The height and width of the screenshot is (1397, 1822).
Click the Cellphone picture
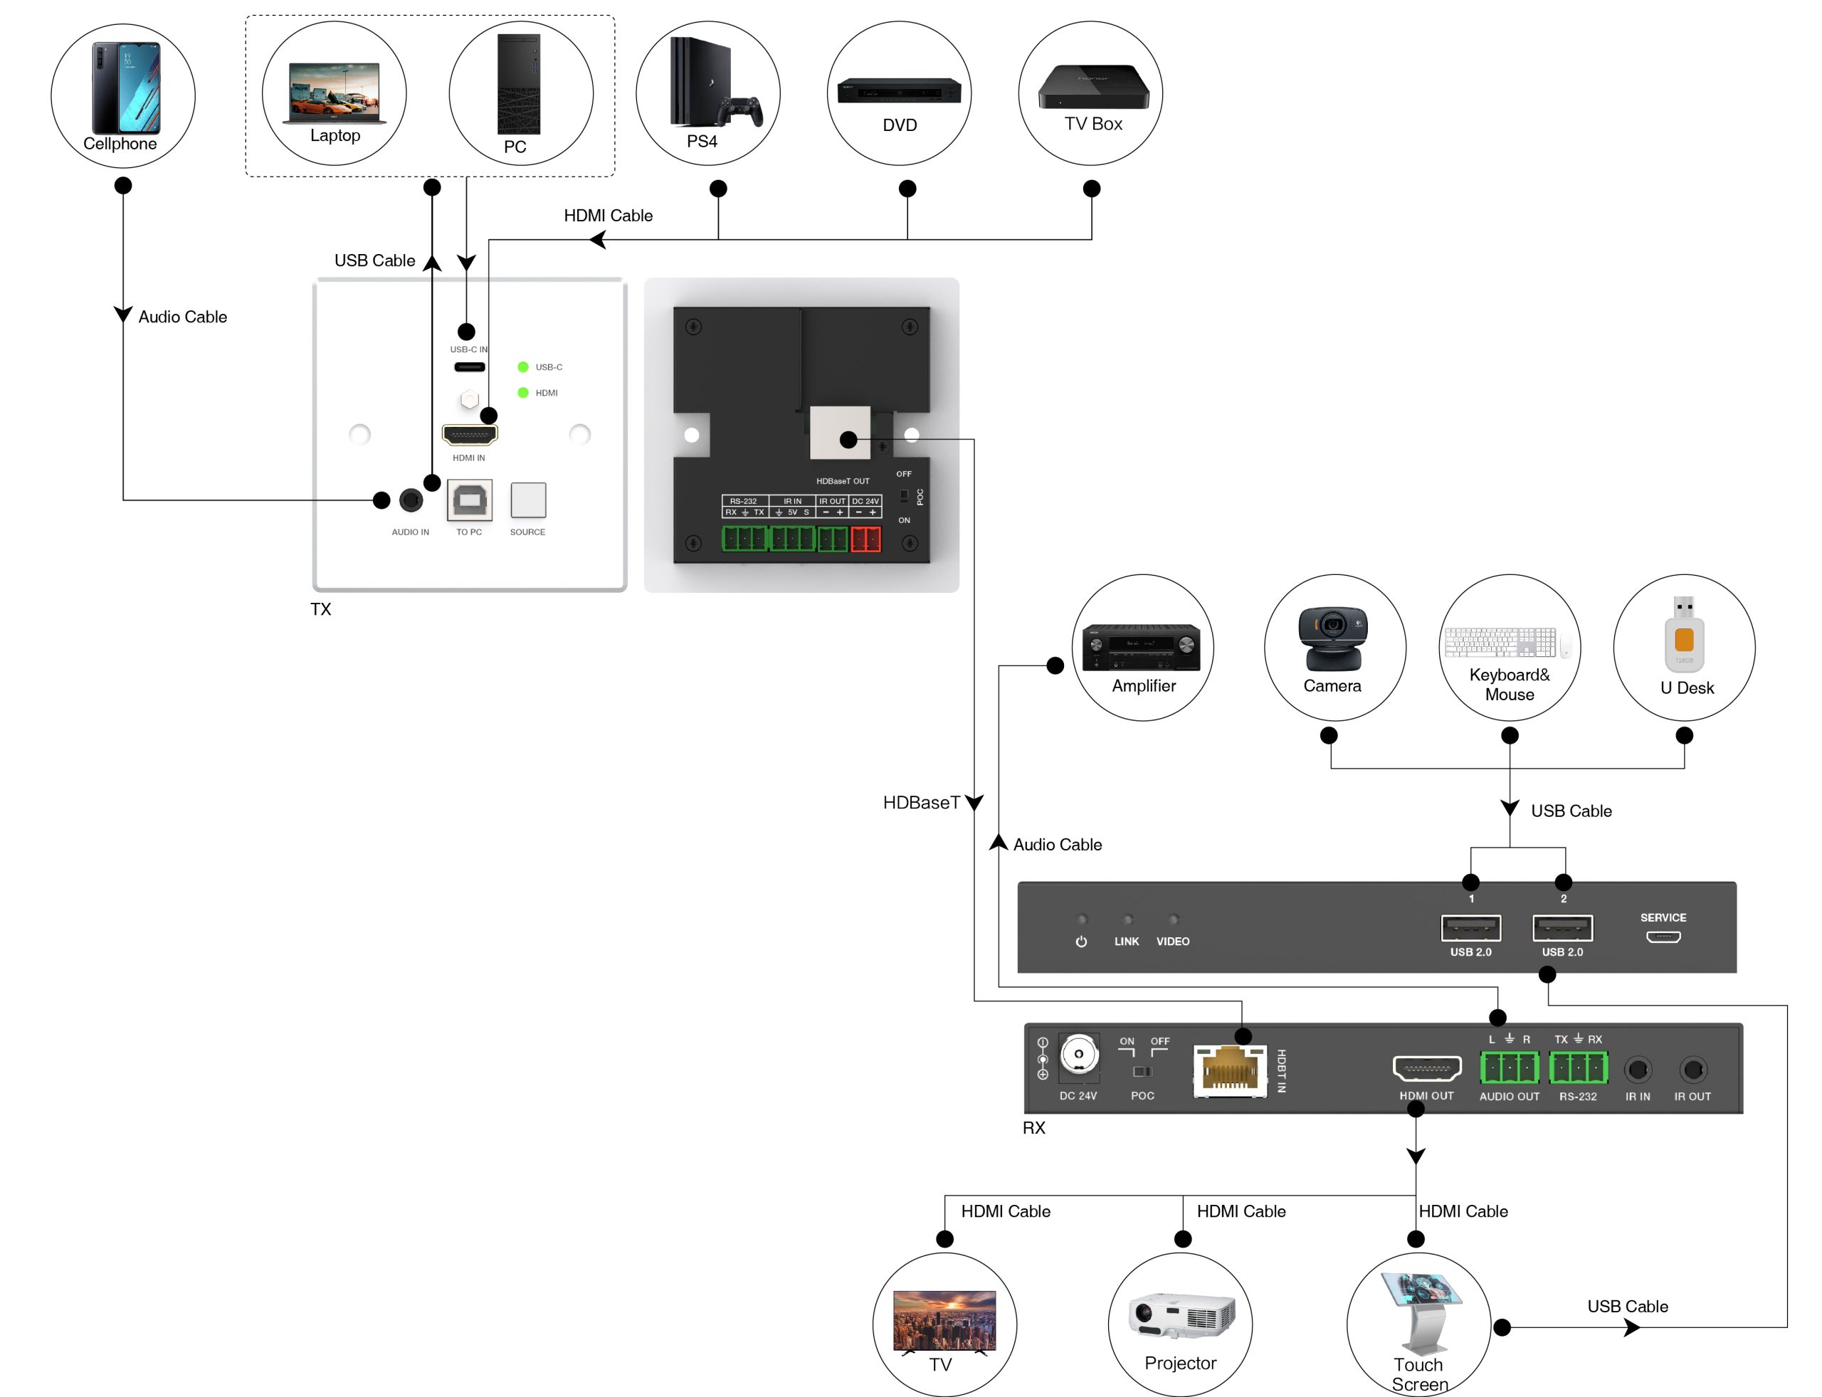tap(125, 88)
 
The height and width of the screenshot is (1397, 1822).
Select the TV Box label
tap(1092, 124)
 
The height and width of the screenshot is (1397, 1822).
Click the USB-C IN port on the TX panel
tap(469, 367)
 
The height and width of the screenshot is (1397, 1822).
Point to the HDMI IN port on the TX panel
tap(469, 434)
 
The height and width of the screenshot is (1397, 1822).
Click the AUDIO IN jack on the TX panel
tap(411, 500)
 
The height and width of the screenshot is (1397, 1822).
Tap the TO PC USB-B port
tap(469, 500)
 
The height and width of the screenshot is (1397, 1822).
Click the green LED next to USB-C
tap(523, 367)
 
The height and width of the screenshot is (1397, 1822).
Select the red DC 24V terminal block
tap(865, 539)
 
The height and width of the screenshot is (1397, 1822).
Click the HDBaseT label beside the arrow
tap(920, 803)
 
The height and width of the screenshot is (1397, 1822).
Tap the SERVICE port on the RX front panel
tap(1663, 937)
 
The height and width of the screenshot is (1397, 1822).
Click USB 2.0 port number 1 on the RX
tap(1470, 927)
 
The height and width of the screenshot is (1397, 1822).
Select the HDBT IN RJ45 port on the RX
tap(1229, 1071)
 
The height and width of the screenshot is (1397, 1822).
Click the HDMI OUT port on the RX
tap(1426, 1068)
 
